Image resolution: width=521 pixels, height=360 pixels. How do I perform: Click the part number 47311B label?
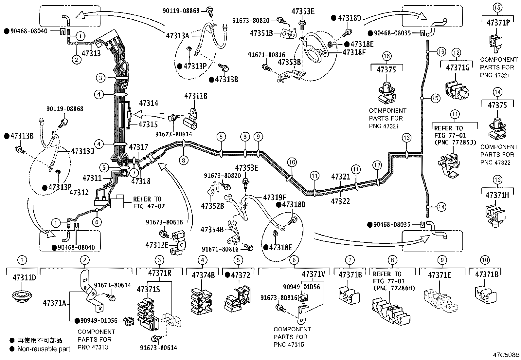tap(195, 96)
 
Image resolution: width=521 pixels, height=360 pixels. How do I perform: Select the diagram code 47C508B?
tap(506, 355)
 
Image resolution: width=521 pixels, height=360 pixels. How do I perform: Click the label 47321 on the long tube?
tap(341, 177)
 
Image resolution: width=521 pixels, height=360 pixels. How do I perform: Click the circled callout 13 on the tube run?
tap(406, 138)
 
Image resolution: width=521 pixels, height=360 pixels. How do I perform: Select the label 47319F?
tap(275, 198)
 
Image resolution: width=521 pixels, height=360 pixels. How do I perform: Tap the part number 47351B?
tap(261, 33)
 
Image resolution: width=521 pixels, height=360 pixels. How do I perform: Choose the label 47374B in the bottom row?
tap(203, 275)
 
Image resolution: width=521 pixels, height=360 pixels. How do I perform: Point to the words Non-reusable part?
tap(44, 349)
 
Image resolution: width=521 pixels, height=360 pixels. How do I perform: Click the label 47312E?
tap(157, 245)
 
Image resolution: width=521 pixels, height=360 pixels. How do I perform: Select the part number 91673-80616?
tap(164, 222)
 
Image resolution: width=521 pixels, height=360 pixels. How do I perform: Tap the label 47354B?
tap(212, 229)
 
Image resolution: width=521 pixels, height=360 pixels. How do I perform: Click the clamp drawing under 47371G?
tap(457, 88)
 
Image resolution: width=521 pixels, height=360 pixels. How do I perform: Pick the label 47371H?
tap(497, 195)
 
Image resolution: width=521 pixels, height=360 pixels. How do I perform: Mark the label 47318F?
tap(354, 52)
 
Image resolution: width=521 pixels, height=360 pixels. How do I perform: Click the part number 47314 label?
tap(148, 103)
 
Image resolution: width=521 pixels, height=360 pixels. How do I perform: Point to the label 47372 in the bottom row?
tap(241, 275)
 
